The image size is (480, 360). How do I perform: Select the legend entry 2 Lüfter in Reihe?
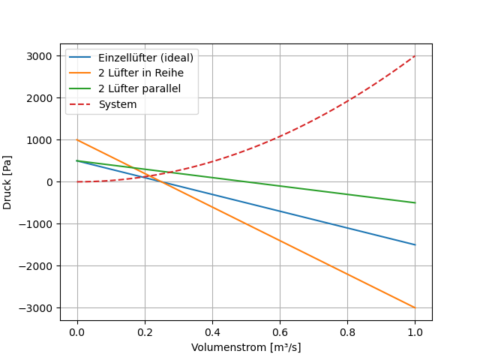point(141,73)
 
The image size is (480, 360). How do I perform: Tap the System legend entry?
point(118,104)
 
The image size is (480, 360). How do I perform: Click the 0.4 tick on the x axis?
point(212,332)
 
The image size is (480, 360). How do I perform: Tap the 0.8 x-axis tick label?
point(347,332)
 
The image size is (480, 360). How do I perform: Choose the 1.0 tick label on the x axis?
point(415,332)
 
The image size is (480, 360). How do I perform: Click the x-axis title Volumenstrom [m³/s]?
point(246,347)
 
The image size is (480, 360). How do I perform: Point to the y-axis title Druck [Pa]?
point(7,182)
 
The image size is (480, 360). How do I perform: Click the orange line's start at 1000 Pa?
point(77,139)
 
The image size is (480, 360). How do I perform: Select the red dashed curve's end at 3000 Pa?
point(415,55)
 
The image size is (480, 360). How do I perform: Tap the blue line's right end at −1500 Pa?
point(415,244)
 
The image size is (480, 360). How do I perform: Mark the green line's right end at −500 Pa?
point(415,202)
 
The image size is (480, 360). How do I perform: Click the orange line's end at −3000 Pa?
point(415,307)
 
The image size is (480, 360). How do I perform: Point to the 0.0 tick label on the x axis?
point(77,332)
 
